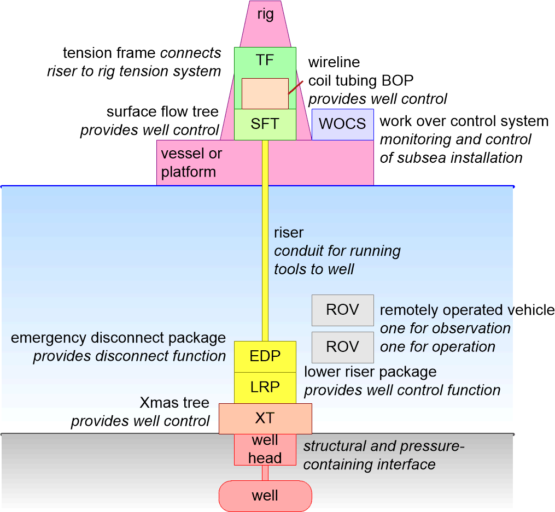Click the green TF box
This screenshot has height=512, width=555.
click(265, 61)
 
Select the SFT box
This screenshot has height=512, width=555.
click(265, 124)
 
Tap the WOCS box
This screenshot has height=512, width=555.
click(342, 124)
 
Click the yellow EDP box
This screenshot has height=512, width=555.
click(265, 357)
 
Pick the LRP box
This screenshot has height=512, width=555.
click(265, 387)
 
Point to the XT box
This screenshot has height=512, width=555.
click(265, 419)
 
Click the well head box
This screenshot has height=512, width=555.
click(265, 449)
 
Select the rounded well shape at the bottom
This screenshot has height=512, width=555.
click(265, 496)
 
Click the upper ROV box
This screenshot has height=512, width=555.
click(342, 310)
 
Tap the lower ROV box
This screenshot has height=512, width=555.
click(342, 347)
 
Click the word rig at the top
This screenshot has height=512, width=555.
click(265, 14)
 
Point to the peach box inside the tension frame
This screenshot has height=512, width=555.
click(265, 93)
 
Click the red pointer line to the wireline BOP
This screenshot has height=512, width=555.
click(295, 87)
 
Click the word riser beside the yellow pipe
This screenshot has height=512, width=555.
click(289, 233)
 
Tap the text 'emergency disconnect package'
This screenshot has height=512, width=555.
click(118, 338)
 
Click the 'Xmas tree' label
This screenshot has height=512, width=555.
click(174, 403)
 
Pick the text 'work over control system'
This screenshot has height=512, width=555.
click(464, 121)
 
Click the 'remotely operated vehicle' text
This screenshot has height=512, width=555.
click(467, 310)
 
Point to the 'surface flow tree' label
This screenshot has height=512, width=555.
click(162, 112)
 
